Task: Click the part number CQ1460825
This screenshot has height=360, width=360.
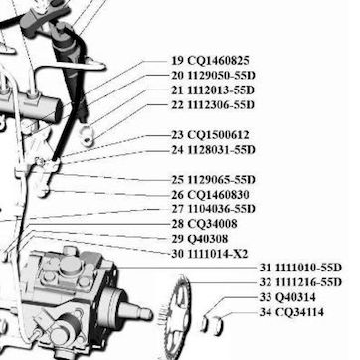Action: click(x=218, y=61)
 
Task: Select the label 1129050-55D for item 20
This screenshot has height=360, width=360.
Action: click(x=222, y=76)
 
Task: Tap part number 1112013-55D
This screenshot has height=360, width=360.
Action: click(x=221, y=90)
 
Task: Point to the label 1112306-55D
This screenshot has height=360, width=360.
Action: click(x=221, y=105)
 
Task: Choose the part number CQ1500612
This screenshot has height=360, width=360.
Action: click(x=218, y=135)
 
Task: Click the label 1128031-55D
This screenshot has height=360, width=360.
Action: click(x=222, y=150)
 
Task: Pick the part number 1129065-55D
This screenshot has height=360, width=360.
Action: click(x=222, y=180)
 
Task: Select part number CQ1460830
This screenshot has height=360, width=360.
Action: click(x=218, y=195)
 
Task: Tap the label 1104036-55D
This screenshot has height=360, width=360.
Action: click(x=222, y=209)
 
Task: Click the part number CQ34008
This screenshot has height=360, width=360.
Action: click(x=213, y=224)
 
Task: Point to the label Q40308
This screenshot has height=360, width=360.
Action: click(x=208, y=239)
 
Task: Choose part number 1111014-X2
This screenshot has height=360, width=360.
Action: click(x=218, y=254)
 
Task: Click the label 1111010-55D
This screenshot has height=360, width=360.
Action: click(x=309, y=268)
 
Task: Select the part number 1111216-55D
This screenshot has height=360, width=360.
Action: click(x=309, y=282)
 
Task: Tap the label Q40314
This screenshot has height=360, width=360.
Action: click(x=296, y=297)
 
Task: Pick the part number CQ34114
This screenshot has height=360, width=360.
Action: click(x=300, y=312)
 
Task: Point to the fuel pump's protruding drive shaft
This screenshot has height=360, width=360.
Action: click(x=135, y=311)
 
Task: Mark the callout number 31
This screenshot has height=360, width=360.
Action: click(x=266, y=268)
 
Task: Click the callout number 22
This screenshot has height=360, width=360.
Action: click(x=177, y=105)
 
